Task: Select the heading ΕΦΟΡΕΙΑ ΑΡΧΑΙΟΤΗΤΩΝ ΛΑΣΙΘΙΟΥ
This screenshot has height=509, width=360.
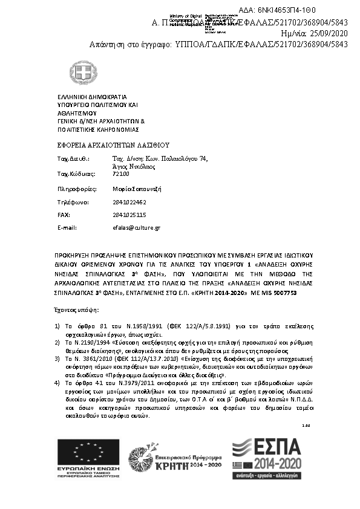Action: tap(113, 145)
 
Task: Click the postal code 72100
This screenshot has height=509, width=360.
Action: tap(121, 174)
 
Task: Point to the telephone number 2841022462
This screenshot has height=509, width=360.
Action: tap(129, 202)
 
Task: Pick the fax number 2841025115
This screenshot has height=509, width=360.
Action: tap(129, 215)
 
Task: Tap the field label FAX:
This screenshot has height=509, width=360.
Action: tap(64, 215)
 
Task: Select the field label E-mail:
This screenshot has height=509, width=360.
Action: tap(67, 228)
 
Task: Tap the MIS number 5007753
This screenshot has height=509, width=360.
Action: tap(283, 293)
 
